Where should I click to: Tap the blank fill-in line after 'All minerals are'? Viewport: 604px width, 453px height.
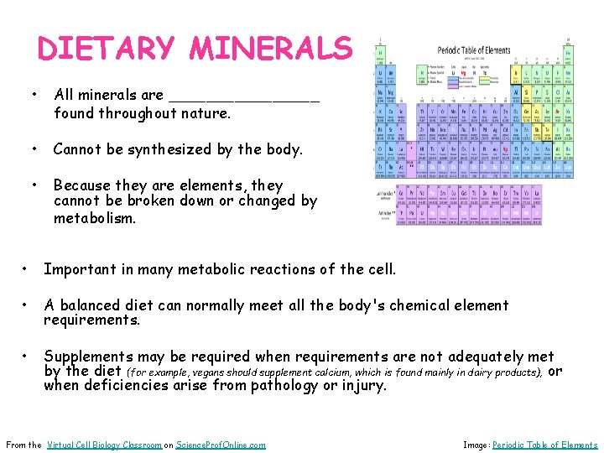pyautogui.click(x=243, y=96)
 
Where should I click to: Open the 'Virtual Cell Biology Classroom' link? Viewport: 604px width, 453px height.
pyautogui.click(x=105, y=445)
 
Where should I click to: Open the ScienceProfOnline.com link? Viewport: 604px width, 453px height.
pyautogui.click(x=221, y=445)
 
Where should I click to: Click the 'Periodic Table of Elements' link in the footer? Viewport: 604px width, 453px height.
pyautogui.click(x=544, y=445)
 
